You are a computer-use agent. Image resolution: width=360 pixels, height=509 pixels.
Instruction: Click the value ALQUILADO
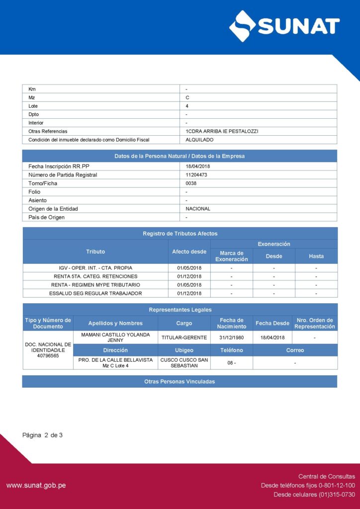click(199, 140)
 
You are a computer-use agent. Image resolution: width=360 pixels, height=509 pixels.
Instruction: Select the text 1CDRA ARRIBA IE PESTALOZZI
click(222, 131)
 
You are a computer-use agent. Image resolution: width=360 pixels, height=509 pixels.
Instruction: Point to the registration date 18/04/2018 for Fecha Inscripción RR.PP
click(198, 166)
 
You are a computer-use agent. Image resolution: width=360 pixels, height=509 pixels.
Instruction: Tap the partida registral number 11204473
click(196, 174)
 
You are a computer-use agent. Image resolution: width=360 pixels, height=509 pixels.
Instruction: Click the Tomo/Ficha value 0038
click(191, 183)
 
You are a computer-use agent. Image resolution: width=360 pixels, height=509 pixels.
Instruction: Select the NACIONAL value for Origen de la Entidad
click(198, 209)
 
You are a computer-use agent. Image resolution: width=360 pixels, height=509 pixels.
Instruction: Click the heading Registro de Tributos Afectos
click(180, 234)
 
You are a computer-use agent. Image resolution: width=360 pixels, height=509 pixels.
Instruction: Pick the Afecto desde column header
click(189, 252)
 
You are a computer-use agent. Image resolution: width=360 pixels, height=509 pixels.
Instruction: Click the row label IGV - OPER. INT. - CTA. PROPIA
click(95, 268)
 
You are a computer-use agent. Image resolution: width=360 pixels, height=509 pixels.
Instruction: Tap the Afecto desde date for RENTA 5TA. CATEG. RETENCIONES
click(189, 276)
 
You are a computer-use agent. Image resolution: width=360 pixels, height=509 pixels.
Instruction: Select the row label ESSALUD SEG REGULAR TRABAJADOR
click(95, 293)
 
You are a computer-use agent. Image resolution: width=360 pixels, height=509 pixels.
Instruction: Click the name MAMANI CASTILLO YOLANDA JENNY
click(115, 338)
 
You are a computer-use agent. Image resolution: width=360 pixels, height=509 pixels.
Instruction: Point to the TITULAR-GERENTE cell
click(184, 338)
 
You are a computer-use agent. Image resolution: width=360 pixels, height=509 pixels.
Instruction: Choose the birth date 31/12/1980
click(231, 338)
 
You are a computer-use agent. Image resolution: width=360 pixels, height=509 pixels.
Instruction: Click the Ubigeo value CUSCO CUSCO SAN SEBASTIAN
click(184, 363)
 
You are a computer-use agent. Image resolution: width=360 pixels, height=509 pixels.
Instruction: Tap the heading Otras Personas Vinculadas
click(180, 382)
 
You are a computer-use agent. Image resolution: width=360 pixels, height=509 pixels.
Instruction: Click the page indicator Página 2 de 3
click(43, 435)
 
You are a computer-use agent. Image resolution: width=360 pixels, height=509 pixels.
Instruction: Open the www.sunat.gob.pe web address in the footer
click(36, 485)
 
